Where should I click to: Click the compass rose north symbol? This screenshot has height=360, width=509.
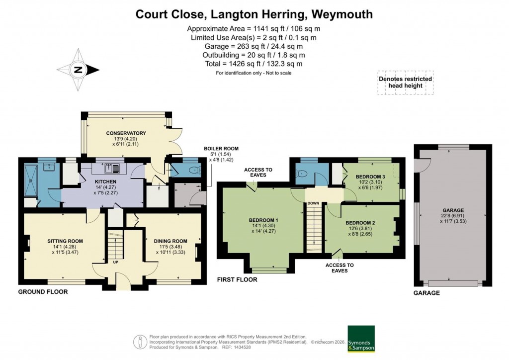(x=78, y=70)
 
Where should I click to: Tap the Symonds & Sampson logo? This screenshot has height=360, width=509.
(x=360, y=339)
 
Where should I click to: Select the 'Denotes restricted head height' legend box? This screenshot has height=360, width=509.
(x=405, y=82)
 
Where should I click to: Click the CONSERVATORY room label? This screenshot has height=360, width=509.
(x=126, y=133)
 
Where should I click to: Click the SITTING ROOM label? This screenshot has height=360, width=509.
(x=62, y=241)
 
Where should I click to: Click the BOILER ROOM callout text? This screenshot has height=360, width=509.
(x=221, y=148)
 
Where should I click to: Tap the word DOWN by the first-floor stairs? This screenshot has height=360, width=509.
(x=313, y=203)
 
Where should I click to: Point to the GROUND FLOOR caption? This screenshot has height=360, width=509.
(x=43, y=292)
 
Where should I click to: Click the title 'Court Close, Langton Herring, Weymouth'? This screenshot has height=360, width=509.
(x=254, y=14)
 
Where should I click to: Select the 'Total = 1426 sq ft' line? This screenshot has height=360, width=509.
(x=254, y=64)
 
